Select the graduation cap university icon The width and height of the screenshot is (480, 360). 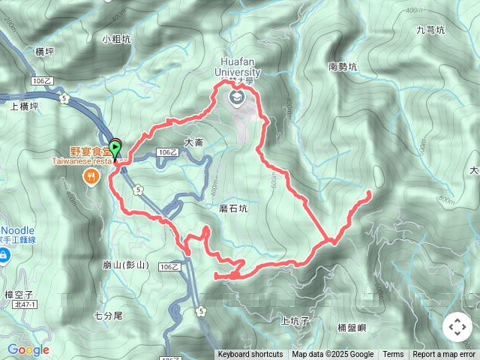click(237, 97)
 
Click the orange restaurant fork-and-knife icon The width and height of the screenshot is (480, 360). click(91, 177)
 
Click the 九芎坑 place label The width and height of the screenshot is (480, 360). click(430, 31)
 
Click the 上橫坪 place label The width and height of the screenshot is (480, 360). click(24, 106)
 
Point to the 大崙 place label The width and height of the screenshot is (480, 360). click(193, 142)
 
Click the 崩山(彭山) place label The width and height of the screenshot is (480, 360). click(125, 265)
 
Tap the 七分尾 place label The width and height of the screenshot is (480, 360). click(108, 316)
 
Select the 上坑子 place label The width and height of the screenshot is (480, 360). click(295, 320)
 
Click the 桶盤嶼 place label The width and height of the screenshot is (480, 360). click(352, 328)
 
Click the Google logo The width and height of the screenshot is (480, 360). click(28, 349)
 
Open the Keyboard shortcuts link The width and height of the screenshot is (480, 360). click(250, 355)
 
